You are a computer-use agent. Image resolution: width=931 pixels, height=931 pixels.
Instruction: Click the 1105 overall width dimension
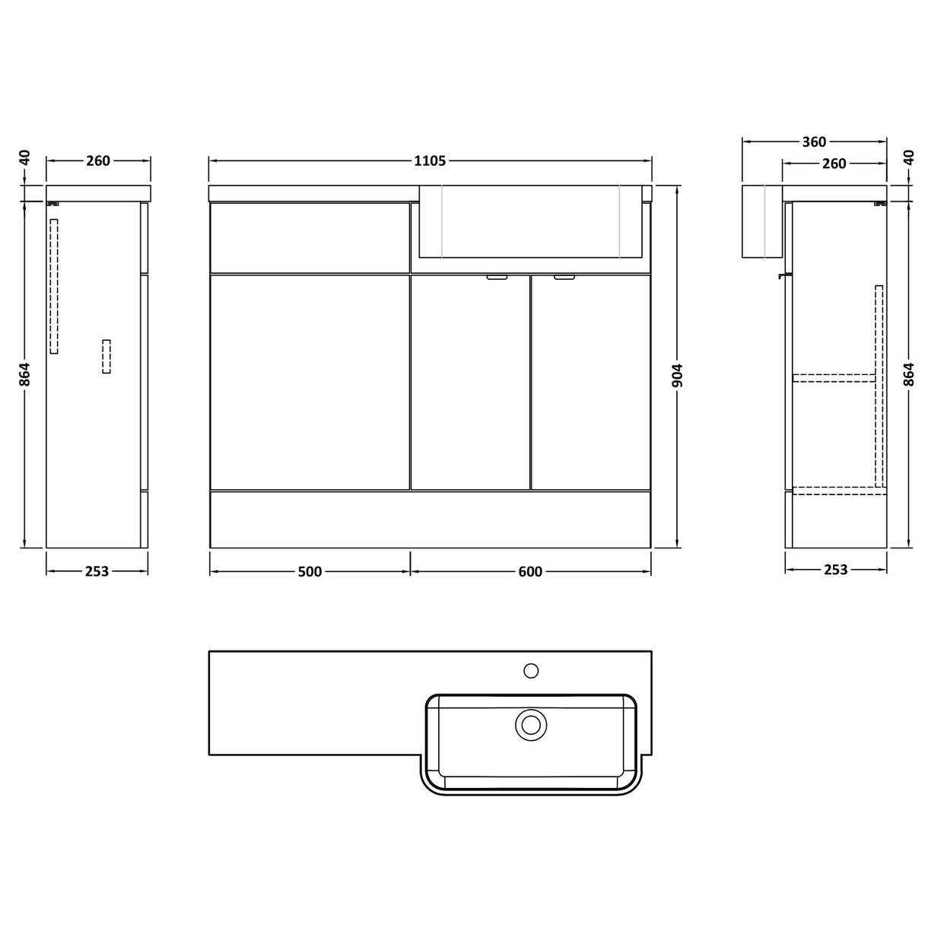(430, 160)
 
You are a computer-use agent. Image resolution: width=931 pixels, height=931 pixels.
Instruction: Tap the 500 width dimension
(310, 571)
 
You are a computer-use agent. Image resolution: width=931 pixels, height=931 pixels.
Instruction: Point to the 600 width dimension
(530, 571)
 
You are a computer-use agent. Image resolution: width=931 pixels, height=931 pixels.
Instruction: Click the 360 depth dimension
(814, 141)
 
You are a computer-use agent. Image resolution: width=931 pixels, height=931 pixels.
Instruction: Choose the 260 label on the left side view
(98, 160)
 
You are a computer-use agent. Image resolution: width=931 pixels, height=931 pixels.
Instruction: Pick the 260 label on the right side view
(834, 163)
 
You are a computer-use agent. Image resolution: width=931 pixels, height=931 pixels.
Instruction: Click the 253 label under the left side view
(97, 571)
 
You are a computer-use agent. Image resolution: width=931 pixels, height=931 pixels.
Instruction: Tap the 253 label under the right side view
(835, 570)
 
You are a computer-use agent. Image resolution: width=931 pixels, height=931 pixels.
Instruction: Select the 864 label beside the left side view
(24, 374)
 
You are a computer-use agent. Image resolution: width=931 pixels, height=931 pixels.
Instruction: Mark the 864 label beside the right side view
(909, 374)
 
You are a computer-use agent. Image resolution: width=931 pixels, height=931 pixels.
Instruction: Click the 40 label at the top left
(24, 157)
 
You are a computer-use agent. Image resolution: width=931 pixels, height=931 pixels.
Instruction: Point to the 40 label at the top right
(909, 157)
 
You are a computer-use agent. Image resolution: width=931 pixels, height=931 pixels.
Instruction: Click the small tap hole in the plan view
(531, 670)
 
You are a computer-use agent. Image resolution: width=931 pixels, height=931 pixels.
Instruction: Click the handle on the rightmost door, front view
(564, 278)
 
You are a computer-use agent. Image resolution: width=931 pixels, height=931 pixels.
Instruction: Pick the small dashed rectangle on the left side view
(106, 357)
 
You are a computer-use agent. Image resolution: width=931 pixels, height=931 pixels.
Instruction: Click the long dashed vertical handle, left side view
(54, 286)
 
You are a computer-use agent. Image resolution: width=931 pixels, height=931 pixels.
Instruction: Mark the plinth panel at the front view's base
(430, 519)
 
